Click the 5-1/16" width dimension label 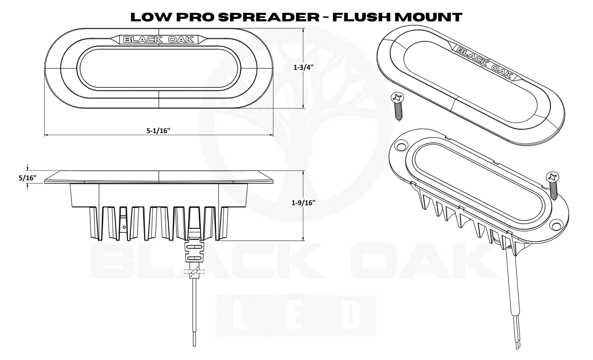tap(158, 131)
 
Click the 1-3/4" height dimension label tap(304, 69)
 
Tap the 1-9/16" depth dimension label tap(303, 202)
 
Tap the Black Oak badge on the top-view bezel tap(159, 39)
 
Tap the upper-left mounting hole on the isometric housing tap(400, 146)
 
